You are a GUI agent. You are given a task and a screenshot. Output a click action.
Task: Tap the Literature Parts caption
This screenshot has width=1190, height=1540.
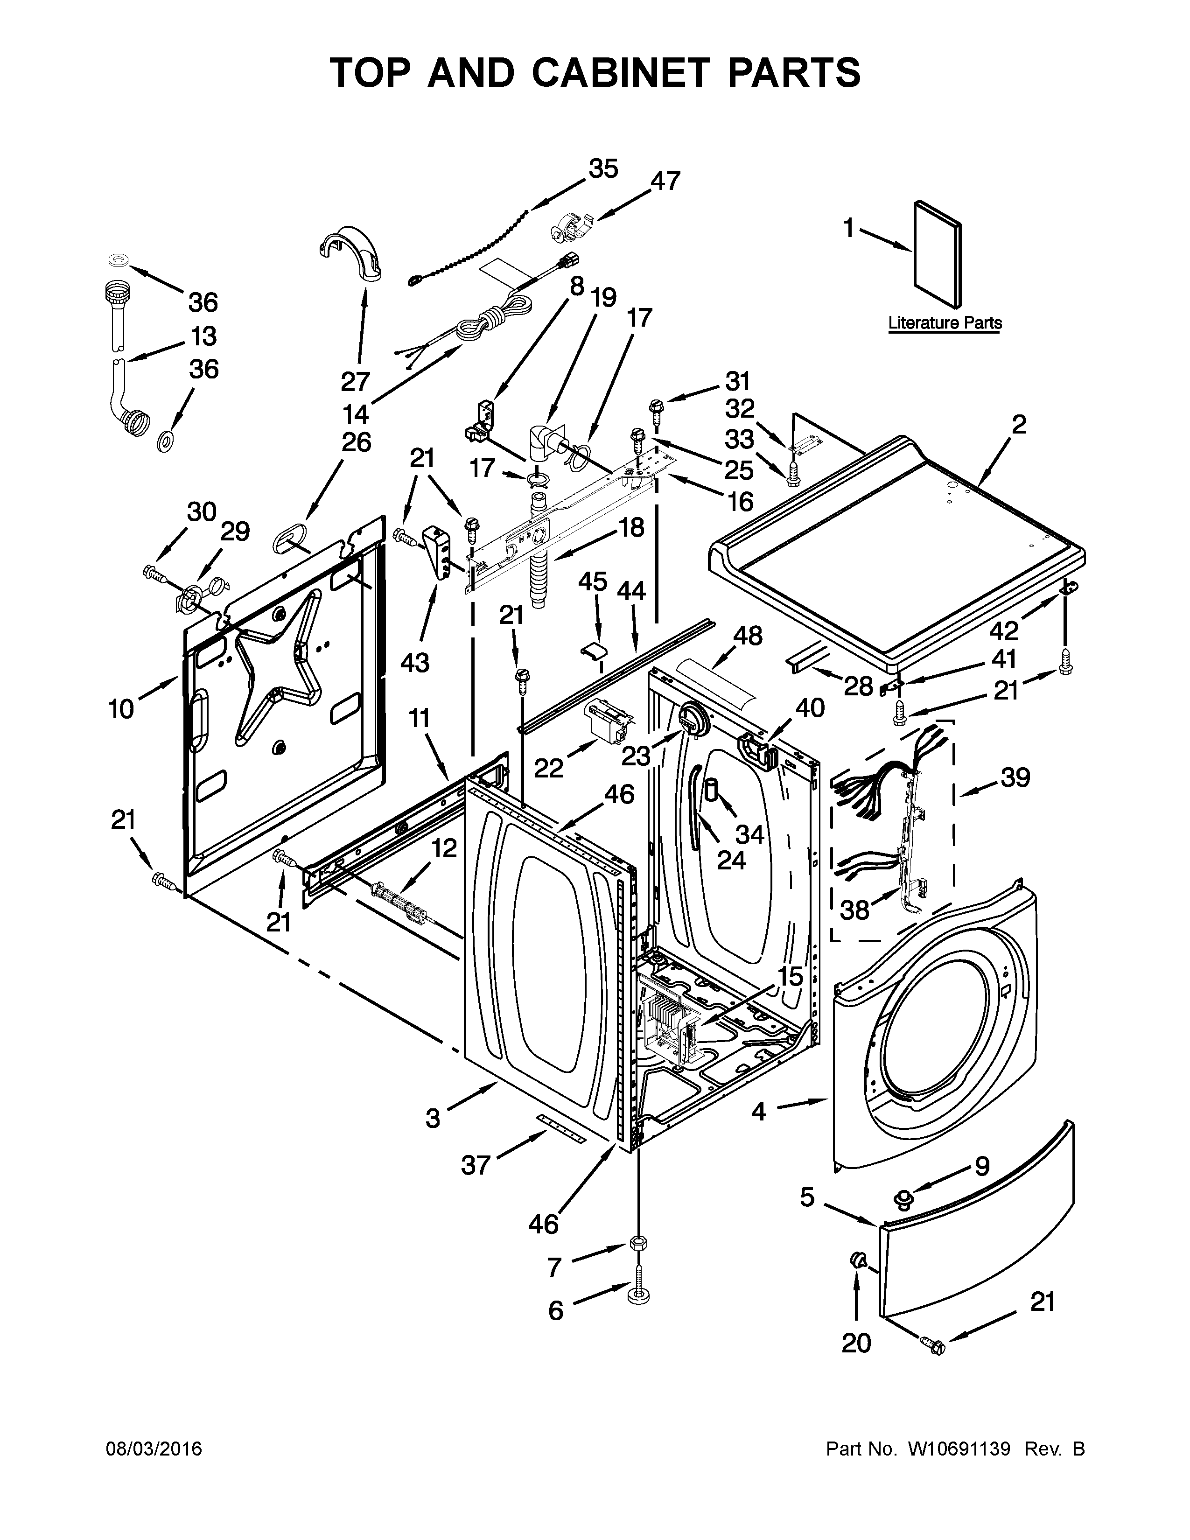945,323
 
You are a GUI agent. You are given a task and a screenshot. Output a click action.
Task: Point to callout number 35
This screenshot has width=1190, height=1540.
603,169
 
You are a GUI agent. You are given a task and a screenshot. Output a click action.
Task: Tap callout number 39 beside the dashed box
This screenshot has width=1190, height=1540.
1015,778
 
